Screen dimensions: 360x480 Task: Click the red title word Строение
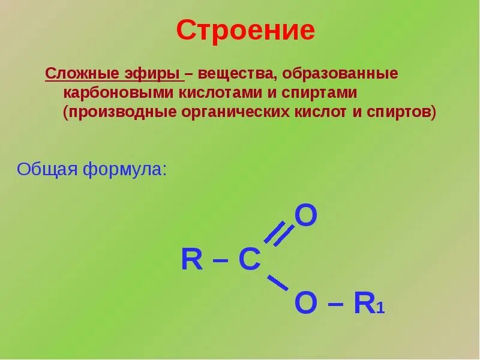[245, 31]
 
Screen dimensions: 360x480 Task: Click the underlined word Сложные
[76, 75]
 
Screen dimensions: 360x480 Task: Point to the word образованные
[340, 75]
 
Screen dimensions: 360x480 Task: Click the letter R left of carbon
[192, 260]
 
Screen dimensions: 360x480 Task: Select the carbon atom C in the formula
[250, 260]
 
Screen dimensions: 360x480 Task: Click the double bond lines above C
[278, 234]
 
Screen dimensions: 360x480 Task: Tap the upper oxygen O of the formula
[306, 216]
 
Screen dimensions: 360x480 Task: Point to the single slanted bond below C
[278, 283]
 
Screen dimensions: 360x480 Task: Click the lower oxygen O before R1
[306, 304]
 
